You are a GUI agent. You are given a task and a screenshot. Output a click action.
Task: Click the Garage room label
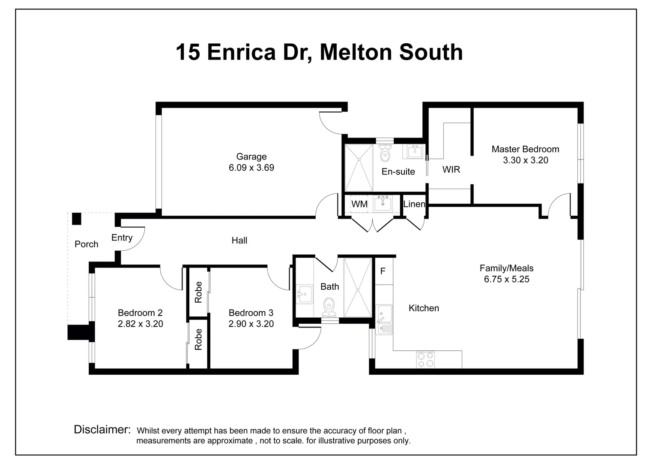point(251,156)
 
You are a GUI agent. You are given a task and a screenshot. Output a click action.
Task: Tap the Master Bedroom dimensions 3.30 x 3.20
point(525,160)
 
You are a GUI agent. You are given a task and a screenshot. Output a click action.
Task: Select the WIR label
point(451,169)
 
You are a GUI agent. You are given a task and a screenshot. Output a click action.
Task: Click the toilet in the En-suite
point(385,153)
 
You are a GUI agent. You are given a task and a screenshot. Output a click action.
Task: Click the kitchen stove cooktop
point(425,359)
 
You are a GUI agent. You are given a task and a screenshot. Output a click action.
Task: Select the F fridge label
point(383,271)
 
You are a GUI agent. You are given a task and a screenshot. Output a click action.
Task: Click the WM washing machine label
point(359,204)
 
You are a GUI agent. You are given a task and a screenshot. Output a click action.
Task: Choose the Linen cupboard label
point(414,204)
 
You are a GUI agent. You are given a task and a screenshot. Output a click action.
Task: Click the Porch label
point(86,244)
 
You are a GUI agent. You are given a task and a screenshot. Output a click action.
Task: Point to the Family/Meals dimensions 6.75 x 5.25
point(506,280)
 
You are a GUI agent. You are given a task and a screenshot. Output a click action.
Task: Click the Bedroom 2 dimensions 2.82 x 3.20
point(140,324)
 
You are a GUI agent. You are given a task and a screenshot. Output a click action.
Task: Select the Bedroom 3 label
point(251,313)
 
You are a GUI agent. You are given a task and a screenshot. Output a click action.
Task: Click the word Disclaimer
point(102,429)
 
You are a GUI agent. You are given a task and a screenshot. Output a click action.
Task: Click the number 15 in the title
point(188,52)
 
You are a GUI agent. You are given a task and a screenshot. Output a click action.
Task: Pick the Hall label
point(239,241)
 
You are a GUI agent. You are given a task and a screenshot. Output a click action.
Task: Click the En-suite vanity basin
point(414,151)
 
